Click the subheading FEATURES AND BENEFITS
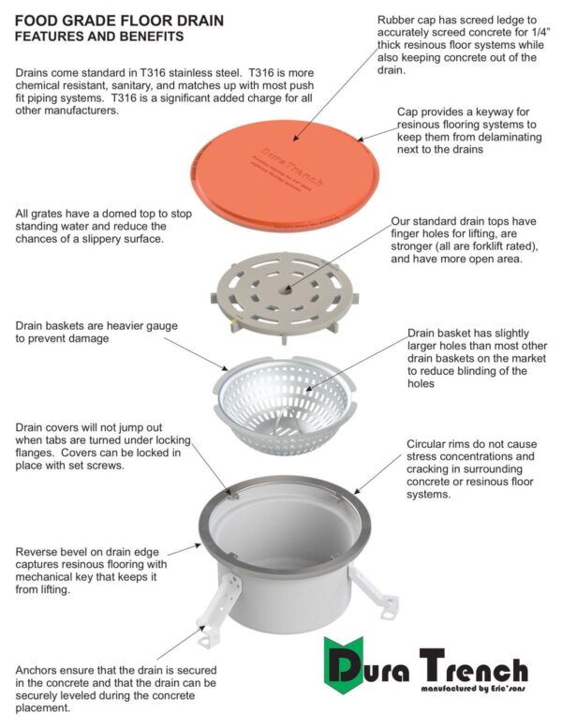point(98,37)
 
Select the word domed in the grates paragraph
point(138,214)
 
